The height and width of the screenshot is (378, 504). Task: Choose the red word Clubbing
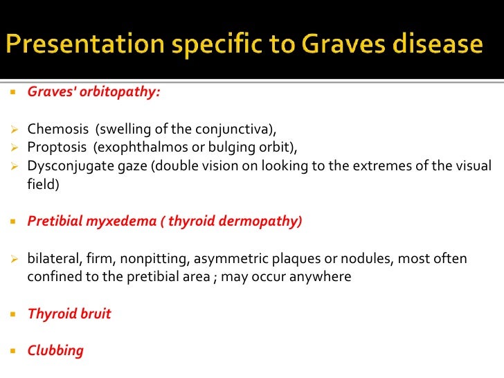click(x=55, y=350)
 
